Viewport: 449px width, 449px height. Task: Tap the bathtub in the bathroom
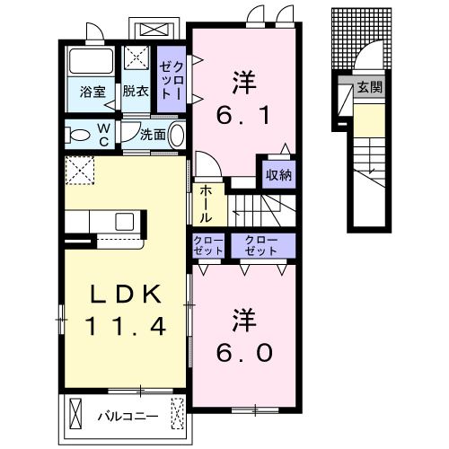click(x=91, y=62)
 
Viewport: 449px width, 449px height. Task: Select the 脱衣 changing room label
click(x=135, y=91)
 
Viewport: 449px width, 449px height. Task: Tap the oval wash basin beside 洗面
click(x=176, y=136)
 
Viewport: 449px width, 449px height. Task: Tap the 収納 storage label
click(x=278, y=174)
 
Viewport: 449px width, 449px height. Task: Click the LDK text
click(x=124, y=295)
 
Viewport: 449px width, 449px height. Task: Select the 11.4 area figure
click(x=124, y=327)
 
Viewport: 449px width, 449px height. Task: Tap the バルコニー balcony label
click(x=128, y=416)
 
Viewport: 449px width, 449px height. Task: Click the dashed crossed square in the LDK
click(x=81, y=169)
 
